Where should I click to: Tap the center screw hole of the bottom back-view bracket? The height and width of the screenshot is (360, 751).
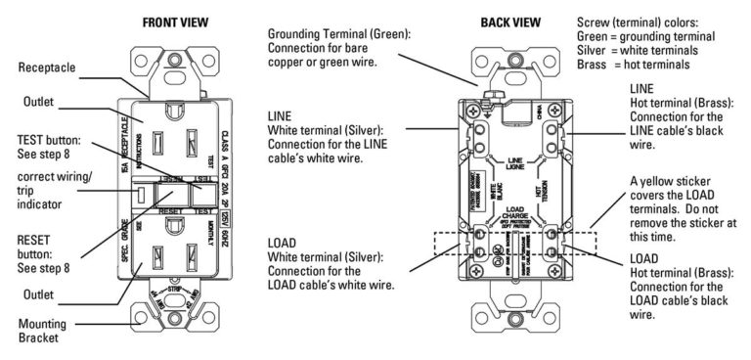pos(508,318)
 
